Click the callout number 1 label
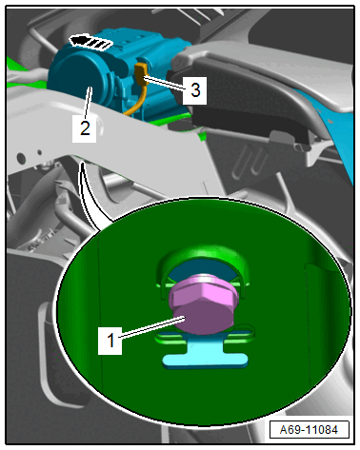[110, 340]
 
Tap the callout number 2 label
[85, 128]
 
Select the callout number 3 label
[195, 90]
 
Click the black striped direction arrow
[91, 43]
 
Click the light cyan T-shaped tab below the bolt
[206, 354]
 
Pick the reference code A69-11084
[309, 430]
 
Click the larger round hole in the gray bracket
[21, 157]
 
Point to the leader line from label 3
[164, 83]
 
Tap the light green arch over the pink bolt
[203, 260]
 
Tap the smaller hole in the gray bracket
[40, 152]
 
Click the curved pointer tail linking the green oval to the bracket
[90, 197]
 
